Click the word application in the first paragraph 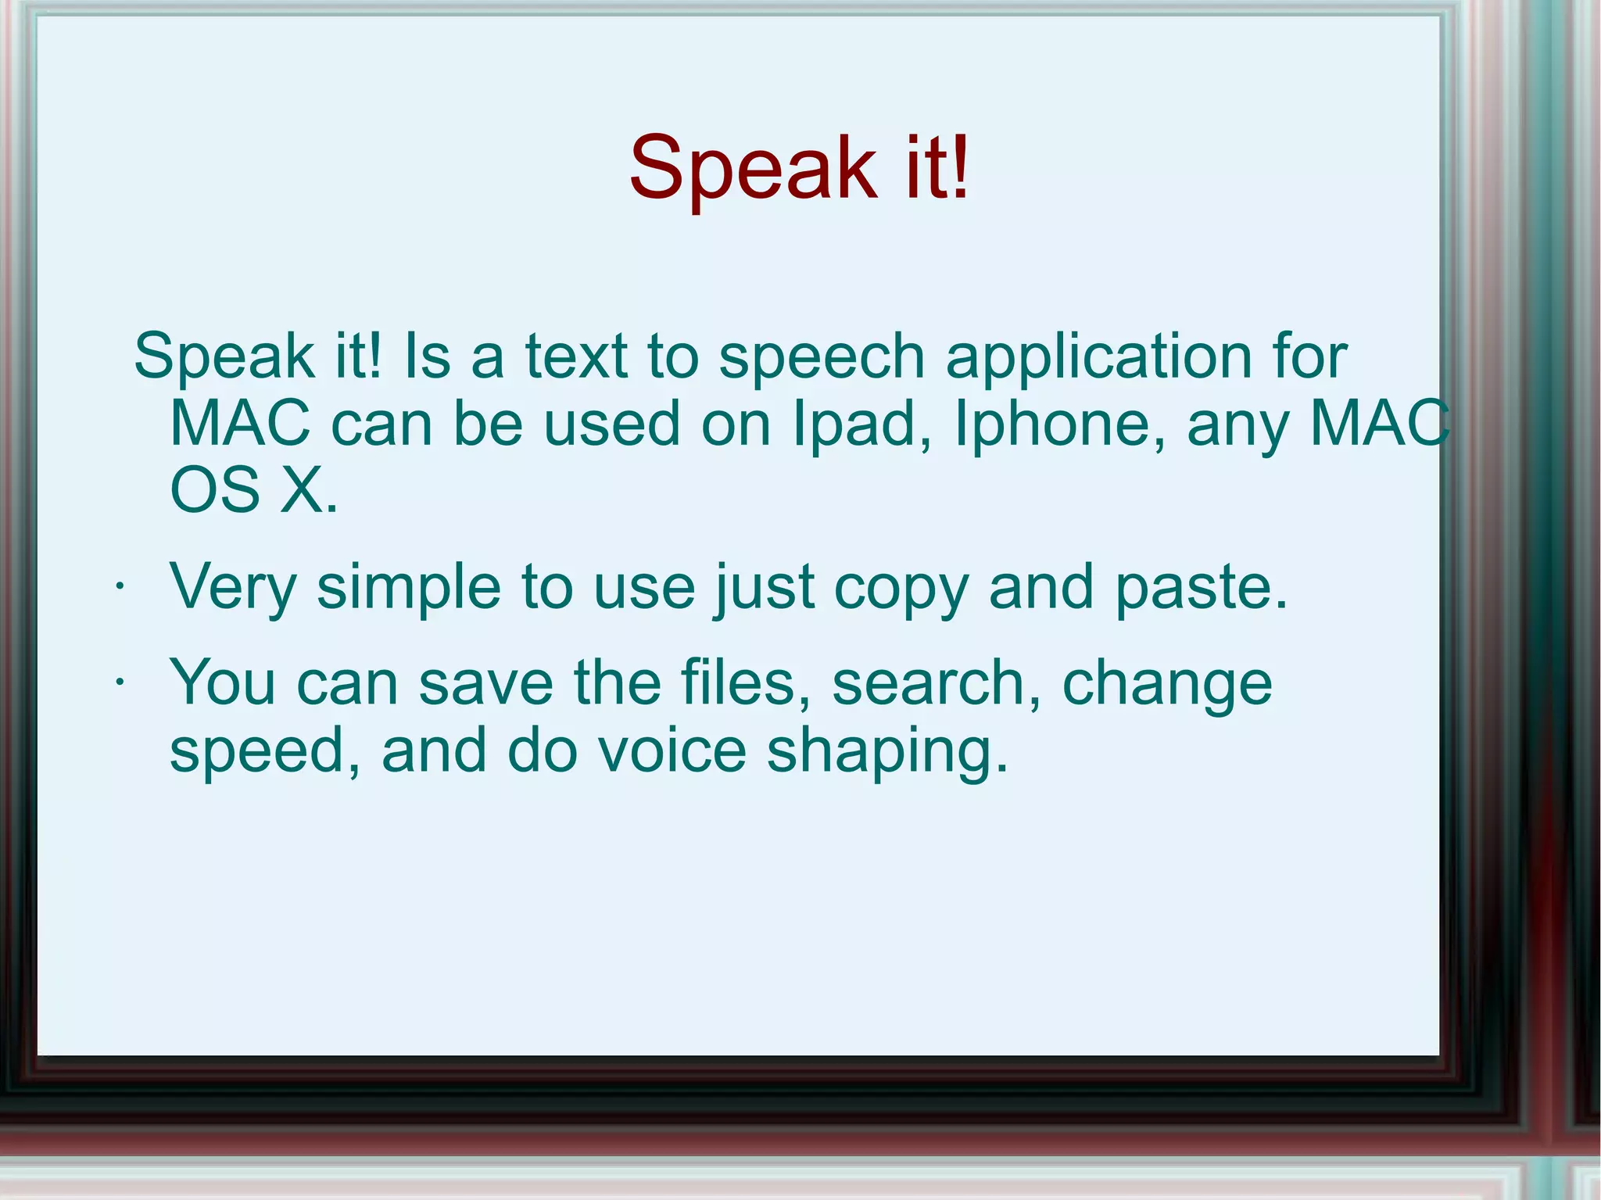tap(1099, 356)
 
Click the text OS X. tap(254, 491)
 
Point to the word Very tap(233, 587)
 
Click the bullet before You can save tap(120, 682)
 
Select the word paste tap(1201, 587)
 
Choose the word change tap(1167, 682)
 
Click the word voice tap(672, 750)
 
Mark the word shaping tap(887, 750)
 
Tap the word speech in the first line tap(822, 356)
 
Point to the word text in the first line tap(576, 356)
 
